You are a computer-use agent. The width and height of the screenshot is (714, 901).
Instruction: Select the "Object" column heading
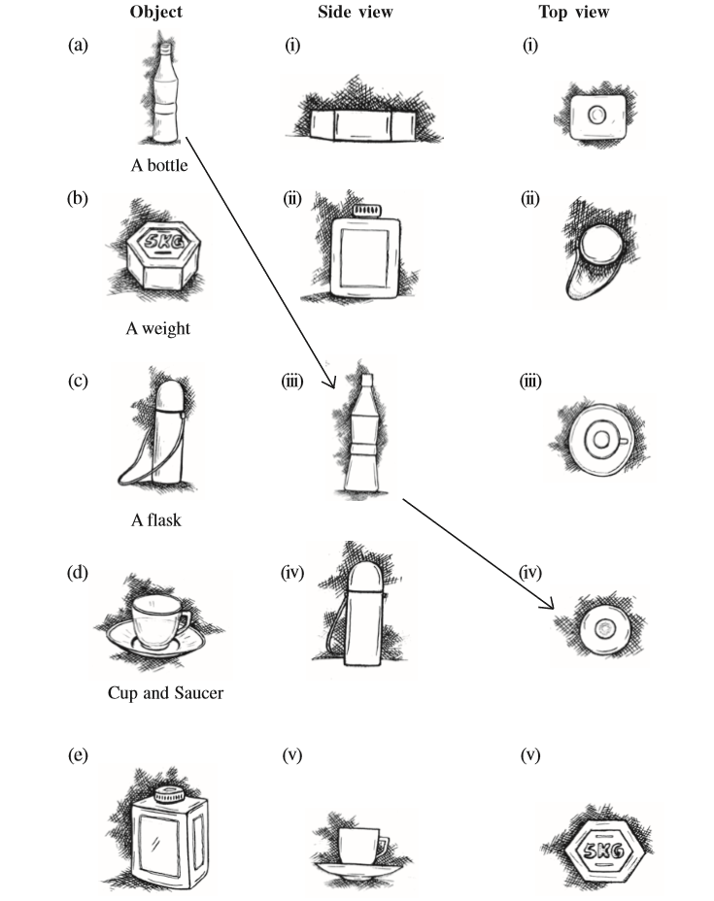tap(156, 14)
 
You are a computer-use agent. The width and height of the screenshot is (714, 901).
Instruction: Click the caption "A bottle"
tap(159, 165)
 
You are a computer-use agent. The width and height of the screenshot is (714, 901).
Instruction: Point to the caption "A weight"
tap(158, 328)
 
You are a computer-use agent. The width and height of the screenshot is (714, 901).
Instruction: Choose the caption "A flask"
tap(156, 520)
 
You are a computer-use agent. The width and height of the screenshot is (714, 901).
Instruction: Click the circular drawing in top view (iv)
tap(603, 629)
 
